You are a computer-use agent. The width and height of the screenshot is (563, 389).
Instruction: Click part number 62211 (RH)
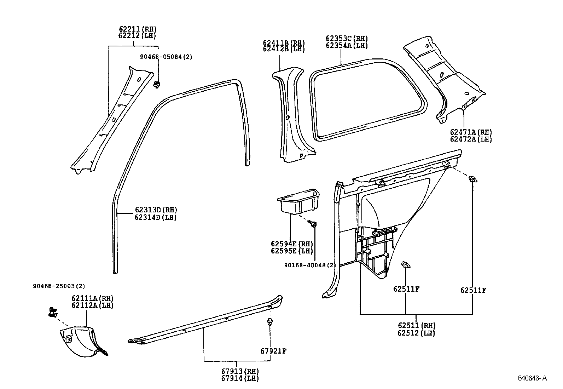(x=137, y=29)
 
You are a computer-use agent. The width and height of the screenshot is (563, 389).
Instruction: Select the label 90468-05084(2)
(x=166, y=57)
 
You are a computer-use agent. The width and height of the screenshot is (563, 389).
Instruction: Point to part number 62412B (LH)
(x=284, y=49)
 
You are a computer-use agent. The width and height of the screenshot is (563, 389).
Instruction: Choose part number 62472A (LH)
(x=471, y=139)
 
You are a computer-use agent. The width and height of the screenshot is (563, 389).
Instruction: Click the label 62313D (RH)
(x=156, y=210)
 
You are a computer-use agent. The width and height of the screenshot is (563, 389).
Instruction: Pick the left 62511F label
(x=406, y=289)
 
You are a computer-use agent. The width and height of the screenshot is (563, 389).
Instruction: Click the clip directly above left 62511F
(x=406, y=265)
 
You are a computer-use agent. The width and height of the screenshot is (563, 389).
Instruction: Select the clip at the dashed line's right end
(x=472, y=179)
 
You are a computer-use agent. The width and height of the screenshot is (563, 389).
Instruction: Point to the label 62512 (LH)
(x=416, y=333)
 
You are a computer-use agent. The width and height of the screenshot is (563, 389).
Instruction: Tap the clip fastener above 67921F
(x=270, y=322)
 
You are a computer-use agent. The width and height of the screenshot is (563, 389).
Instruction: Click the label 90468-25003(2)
(x=59, y=286)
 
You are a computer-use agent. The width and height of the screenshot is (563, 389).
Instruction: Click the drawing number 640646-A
(x=532, y=378)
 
